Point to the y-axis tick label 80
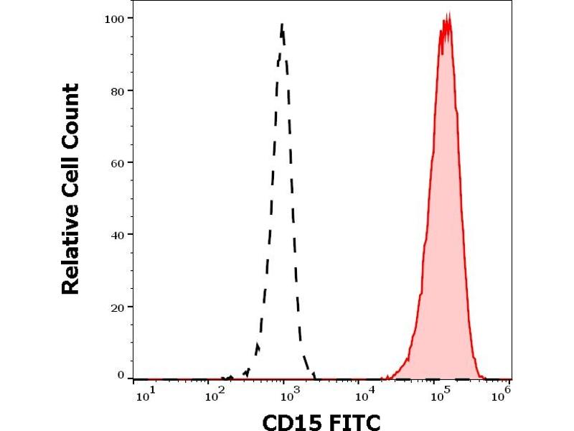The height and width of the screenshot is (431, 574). coord(118,91)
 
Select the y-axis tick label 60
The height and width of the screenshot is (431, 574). coord(118,162)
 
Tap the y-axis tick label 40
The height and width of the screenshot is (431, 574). coord(118,234)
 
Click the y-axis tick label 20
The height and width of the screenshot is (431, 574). coord(118,307)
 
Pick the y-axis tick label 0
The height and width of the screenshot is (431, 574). coord(121,374)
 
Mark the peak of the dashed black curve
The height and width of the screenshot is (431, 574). coord(282,24)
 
